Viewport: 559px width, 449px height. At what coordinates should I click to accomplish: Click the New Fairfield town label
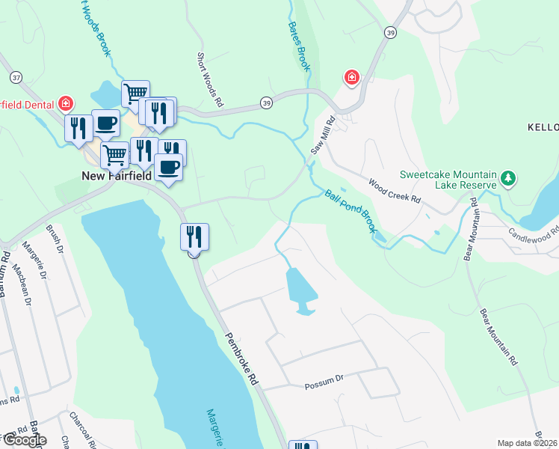(117, 176)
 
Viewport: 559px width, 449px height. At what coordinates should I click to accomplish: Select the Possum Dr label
(323, 386)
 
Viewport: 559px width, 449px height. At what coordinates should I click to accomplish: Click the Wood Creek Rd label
(395, 194)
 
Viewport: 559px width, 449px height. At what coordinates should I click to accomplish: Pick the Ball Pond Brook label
(349, 211)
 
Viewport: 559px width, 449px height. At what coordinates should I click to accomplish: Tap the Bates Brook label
(299, 46)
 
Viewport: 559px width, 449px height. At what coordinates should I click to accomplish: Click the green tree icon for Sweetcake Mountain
(509, 178)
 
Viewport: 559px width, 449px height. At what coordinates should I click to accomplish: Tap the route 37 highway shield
(16, 78)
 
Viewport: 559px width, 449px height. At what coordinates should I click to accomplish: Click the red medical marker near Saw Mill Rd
(350, 77)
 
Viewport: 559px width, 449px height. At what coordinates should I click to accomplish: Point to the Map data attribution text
(528, 443)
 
